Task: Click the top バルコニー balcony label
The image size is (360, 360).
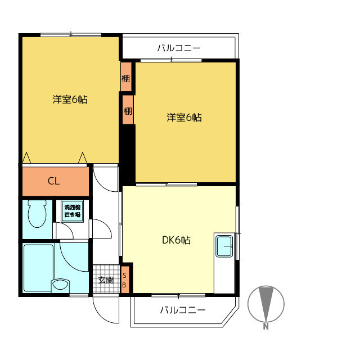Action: [x=179, y=48]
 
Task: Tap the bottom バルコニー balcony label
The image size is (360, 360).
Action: [x=182, y=310]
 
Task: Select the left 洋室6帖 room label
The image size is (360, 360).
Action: [x=70, y=100]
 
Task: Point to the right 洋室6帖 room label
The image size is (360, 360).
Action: [x=184, y=118]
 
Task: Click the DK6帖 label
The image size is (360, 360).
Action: [x=176, y=240]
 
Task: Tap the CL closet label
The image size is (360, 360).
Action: [x=53, y=181]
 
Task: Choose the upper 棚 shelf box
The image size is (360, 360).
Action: [x=126, y=77]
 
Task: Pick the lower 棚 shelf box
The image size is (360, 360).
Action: [x=128, y=110]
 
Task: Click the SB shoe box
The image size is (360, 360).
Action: [x=125, y=280]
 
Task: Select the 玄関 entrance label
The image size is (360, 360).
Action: [x=106, y=280]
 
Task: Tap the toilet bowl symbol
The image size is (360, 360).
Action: [x=37, y=214]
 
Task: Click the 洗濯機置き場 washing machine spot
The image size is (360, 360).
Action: [x=73, y=211]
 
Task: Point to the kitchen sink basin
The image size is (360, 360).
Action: [x=224, y=246]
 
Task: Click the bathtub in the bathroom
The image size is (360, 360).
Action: [x=39, y=268]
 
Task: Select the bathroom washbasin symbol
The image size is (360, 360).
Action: [x=60, y=285]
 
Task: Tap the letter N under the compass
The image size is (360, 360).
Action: [x=265, y=326]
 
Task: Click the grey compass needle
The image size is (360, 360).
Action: [x=266, y=304]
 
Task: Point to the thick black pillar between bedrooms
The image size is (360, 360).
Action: [x=127, y=154]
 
